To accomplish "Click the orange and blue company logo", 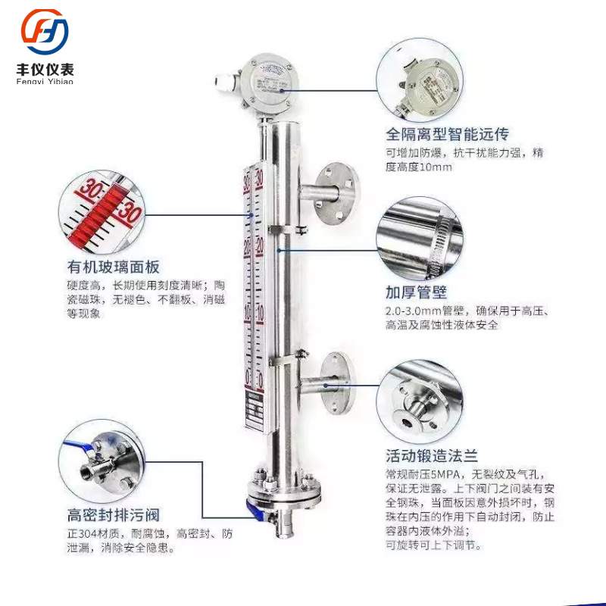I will pyautogui.click(x=44, y=31).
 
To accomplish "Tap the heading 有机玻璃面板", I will pyautogui.click(x=113, y=267).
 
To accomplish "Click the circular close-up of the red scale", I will pyautogui.click(x=102, y=214).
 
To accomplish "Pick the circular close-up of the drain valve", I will pyautogui.click(x=99, y=466).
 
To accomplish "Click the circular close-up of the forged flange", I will pyautogui.click(x=418, y=399).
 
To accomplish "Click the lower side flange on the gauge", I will pyautogui.click(x=334, y=383).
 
